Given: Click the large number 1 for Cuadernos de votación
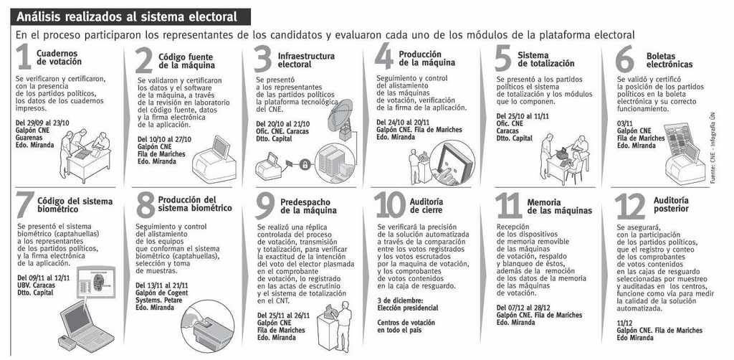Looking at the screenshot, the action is pyautogui.click(x=24, y=57).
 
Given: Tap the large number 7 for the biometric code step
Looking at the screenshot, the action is pyautogui.click(x=25, y=204).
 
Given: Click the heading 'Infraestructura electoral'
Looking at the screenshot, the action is pyautogui.click(x=306, y=60).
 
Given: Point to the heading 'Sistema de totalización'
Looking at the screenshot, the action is pyautogui.click(x=545, y=59).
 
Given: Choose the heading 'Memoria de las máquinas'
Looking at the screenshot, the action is pyautogui.click(x=559, y=207).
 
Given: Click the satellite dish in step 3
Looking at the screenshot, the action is pyautogui.click(x=340, y=114).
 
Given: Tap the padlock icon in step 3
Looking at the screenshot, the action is pyautogui.click(x=305, y=165).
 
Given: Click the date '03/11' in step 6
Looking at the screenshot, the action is pyautogui.click(x=625, y=123).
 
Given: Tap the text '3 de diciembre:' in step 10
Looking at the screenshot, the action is pyautogui.click(x=400, y=300).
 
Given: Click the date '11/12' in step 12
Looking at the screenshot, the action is pyautogui.click(x=625, y=323).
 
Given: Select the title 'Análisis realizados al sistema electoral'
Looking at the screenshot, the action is pyautogui.click(x=127, y=17).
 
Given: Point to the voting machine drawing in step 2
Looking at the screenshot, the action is pyautogui.click(x=215, y=159).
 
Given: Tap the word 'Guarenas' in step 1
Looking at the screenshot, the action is pyautogui.click(x=29, y=138).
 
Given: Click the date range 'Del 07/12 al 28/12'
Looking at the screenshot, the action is pyautogui.click(x=523, y=308).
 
